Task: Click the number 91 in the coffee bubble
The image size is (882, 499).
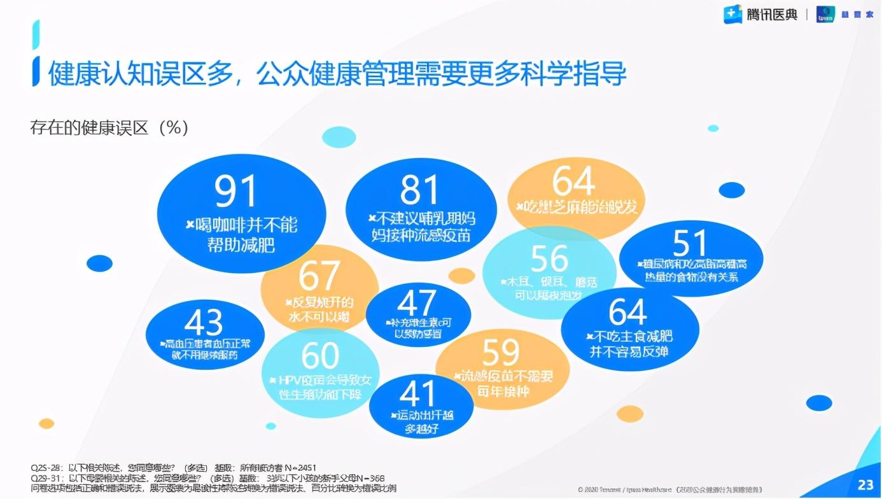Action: click(x=235, y=191)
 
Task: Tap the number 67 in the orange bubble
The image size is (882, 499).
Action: click(x=319, y=275)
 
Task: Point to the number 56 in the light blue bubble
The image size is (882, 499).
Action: click(x=549, y=258)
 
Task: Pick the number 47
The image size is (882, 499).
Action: click(x=417, y=303)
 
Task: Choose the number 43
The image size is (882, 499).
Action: click(x=204, y=323)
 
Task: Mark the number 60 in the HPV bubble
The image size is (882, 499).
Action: click(x=320, y=356)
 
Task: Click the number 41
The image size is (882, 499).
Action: click(x=417, y=394)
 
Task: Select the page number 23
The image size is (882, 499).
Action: click(x=865, y=484)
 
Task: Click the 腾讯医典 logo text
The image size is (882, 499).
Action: click(x=772, y=15)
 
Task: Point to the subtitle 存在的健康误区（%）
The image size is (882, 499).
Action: click(x=109, y=127)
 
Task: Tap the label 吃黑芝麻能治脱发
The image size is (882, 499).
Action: click(x=577, y=207)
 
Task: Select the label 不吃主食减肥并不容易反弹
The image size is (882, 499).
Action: click(x=629, y=344)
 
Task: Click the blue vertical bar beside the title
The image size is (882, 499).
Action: click(x=36, y=72)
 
